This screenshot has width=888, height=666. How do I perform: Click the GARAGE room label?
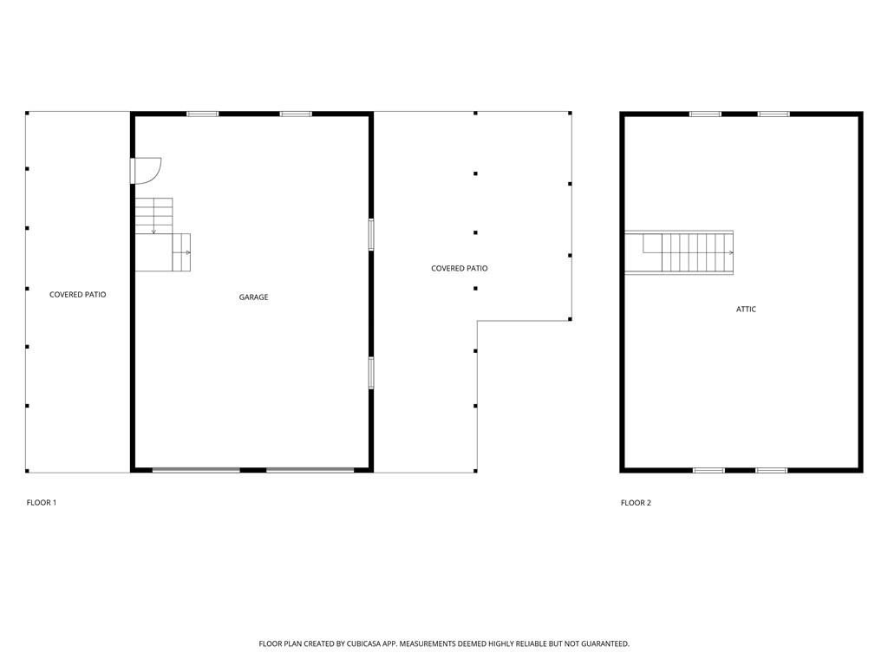click(253, 297)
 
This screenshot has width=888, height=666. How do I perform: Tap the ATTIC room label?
click(746, 310)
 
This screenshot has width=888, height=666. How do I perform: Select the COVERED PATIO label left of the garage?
click(77, 295)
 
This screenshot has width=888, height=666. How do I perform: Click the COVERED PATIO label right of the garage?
click(460, 269)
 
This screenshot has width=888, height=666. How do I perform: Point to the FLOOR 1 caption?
click(42, 502)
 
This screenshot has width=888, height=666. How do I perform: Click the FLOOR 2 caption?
click(636, 503)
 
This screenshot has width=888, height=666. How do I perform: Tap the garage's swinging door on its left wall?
click(146, 171)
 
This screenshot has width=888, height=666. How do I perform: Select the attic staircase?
click(679, 252)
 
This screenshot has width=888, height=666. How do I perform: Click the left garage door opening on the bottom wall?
click(196, 470)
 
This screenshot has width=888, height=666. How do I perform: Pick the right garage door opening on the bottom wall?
click(310, 470)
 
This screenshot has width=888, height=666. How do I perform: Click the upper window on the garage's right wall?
click(371, 234)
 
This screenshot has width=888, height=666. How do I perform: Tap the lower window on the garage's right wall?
click(371, 373)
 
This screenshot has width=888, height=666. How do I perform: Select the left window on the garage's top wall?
click(203, 114)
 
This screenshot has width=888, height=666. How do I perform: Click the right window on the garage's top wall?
click(296, 114)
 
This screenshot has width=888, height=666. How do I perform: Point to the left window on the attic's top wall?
click(706, 114)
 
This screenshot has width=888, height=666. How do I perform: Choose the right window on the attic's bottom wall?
click(771, 470)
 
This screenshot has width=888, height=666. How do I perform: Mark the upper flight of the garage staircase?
click(154, 216)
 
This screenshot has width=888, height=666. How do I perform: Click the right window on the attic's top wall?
click(774, 114)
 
